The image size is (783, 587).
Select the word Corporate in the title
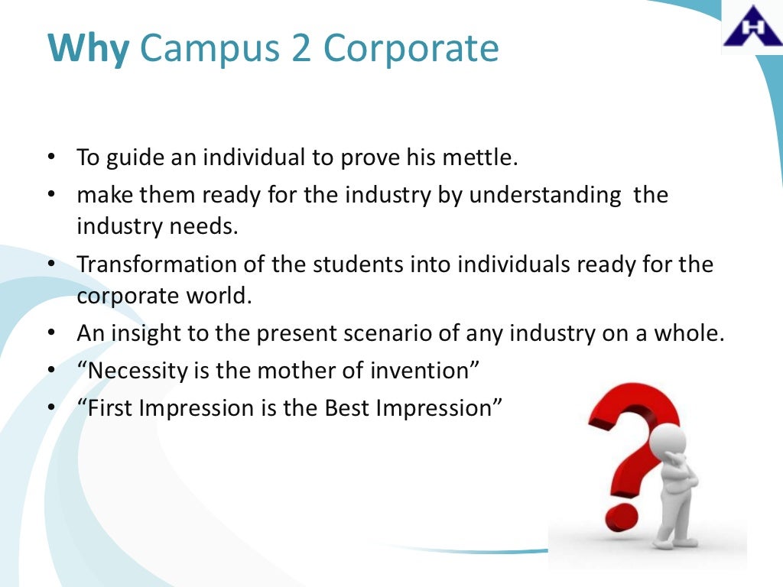411,50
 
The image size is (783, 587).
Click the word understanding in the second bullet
545,195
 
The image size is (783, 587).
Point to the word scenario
412,334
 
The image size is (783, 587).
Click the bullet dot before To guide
51,159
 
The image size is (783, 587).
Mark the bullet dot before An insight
51,334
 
